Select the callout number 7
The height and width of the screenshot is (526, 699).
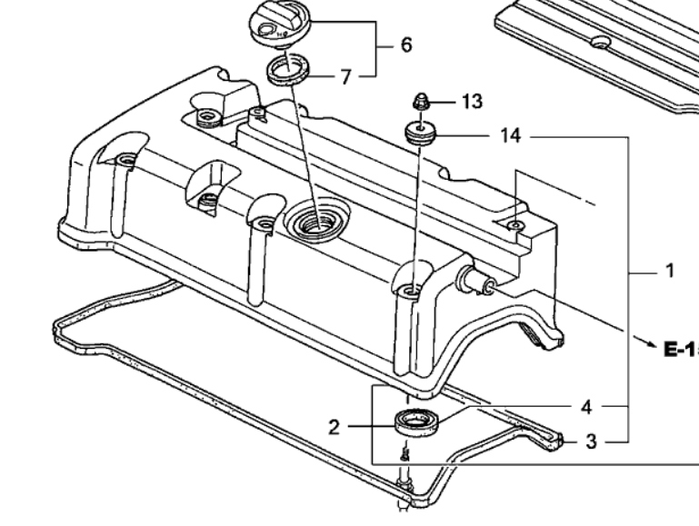(x=345, y=77)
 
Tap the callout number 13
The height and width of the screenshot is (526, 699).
(x=471, y=101)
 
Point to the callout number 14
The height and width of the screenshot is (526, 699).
(x=510, y=136)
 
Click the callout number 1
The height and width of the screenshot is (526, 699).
(x=669, y=271)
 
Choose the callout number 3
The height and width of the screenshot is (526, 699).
(x=590, y=442)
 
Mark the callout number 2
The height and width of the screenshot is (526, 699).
(x=335, y=425)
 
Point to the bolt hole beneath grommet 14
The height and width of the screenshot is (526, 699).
(x=411, y=291)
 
